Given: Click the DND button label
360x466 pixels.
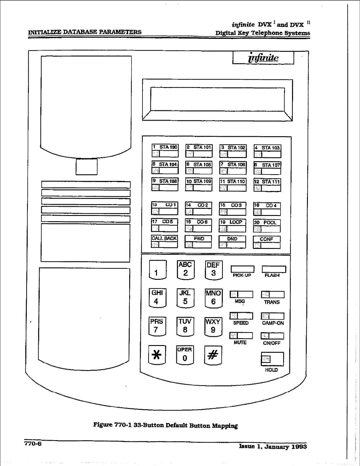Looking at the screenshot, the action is pos(232,239).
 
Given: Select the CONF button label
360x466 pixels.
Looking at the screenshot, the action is pos(267,239).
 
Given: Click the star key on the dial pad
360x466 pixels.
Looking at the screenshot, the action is pos(157,355).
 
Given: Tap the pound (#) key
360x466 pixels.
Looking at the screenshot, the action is pos(213,355).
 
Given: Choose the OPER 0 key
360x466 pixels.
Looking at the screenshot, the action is pos(185,355).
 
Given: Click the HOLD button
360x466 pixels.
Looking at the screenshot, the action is pos(272,359).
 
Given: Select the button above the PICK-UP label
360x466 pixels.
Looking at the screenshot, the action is pos(242,269).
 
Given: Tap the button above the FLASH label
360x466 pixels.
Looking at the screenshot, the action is pos(274,269).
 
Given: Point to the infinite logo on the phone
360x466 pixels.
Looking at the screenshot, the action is pos(263,58).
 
